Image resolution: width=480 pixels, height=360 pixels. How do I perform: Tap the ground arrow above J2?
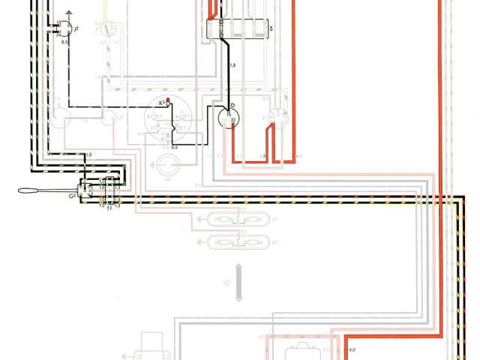click(x=67, y=14)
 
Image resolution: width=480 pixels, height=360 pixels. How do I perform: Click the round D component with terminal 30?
click(x=229, y=118)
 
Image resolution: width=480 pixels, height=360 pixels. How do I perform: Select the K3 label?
click(x=161, y=101)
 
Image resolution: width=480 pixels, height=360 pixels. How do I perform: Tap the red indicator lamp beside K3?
click(x=169, y=100)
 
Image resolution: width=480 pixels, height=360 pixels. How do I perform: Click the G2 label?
click(x=72, y=196)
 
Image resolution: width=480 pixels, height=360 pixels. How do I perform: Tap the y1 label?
click(x=274, y=220)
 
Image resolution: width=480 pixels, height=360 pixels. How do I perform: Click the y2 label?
click(x=274, y=241)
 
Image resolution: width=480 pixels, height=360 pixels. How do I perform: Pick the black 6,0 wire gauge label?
click(x=352, y=350)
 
